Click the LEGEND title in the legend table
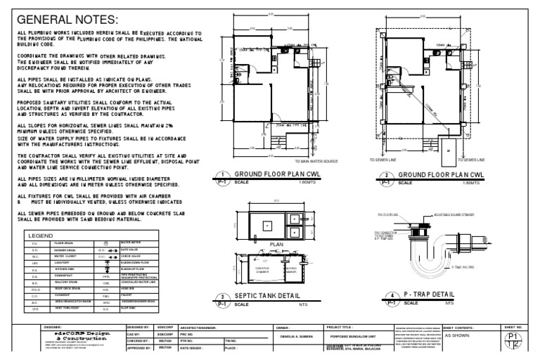(39, 236)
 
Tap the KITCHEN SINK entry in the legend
(64, 269)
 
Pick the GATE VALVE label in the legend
(129, 249)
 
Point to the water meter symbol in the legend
(104, 243)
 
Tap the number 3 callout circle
(222, 297)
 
